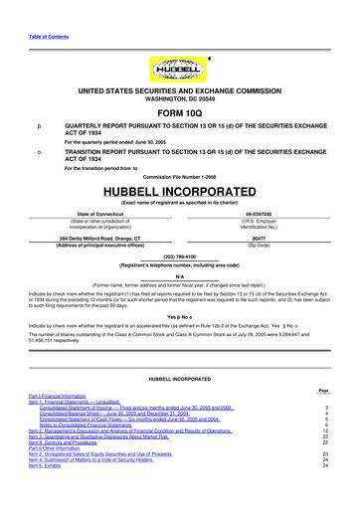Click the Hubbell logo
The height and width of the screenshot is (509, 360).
pyautogui.click(x=179, y=72)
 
